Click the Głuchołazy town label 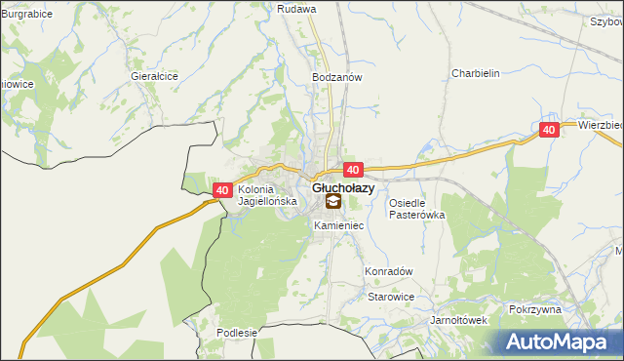[343, 187]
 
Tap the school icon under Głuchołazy [332, 202]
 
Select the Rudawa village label [296, 9]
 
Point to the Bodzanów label [336, 77]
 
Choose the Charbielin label [475, 73]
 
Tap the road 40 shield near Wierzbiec [549, 130]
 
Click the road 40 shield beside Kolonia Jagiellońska [221, 190]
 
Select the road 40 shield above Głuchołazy [353, 170]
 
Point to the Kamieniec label [338, 225]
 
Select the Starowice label [391, 297]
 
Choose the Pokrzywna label [535, 309]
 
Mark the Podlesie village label [236, 333]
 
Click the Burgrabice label [26, 15]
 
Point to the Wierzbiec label [599, 126]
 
